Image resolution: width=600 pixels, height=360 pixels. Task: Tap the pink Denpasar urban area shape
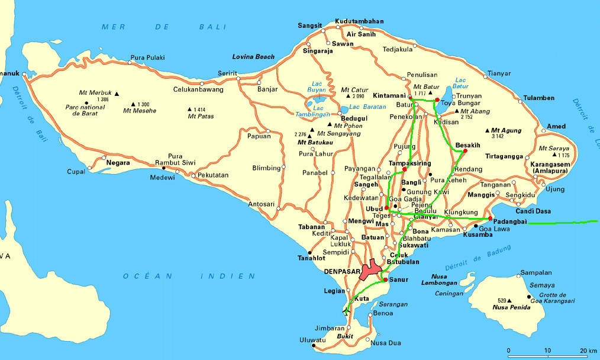(371, 269)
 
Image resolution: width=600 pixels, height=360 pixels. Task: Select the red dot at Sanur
(385, 279)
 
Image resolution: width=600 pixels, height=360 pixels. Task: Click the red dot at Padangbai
(491, 218)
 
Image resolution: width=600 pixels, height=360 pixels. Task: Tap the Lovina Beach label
(253, 57)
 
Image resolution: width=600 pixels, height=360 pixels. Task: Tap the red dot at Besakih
(465, 151)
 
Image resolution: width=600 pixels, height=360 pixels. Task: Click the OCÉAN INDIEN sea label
(189, 276)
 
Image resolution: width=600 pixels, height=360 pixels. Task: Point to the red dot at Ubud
(386, 208)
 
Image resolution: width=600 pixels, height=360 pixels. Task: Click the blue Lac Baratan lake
(344, 110)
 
